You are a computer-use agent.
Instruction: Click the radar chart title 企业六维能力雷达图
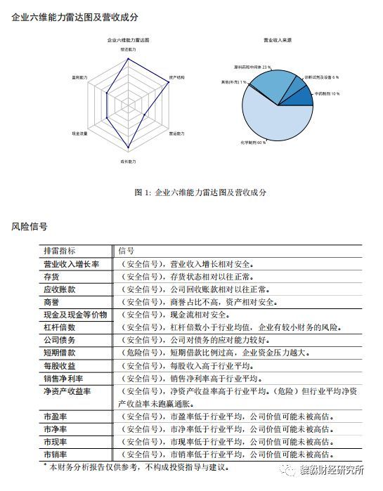pyautogui.click(x=129, y=41)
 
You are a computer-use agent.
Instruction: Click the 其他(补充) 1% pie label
pyautogui.click(x=234, y=82)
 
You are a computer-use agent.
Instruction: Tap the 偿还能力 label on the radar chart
pyautogui.click(x=129, y=50)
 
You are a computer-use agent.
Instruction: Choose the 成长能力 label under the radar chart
pyautogui.click(x=129, y=162)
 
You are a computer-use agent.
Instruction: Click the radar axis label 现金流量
pyautogui.click(x=79, y=133)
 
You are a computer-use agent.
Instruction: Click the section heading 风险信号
pyautogui.click(x=30, y=226)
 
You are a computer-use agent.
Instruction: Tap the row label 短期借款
pyautogui.click(x=59, y=353)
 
